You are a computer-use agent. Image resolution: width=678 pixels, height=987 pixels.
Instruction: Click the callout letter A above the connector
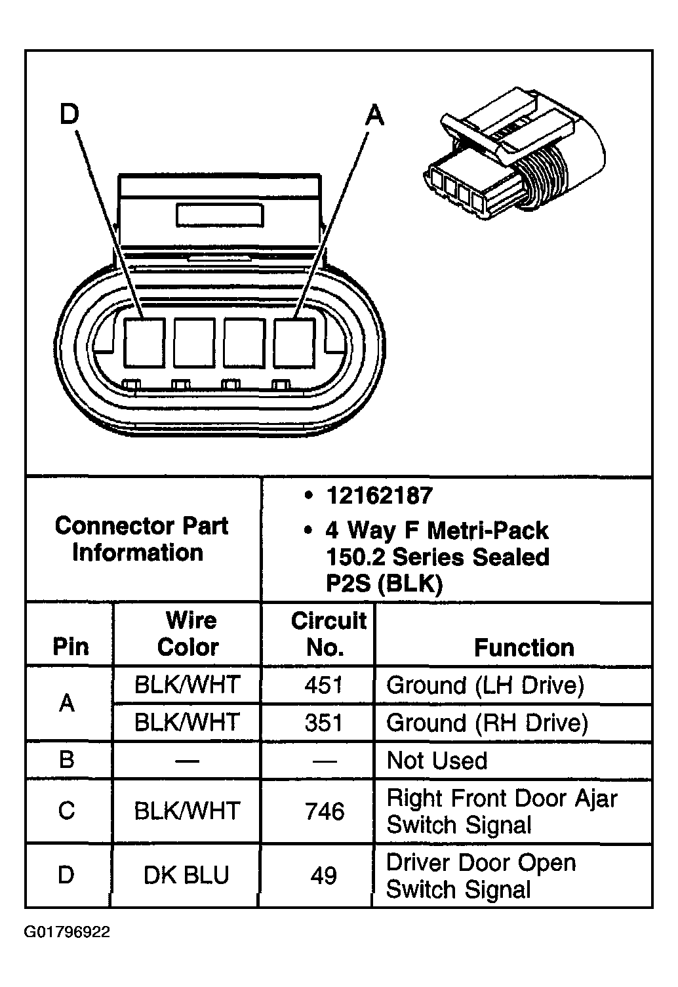[374, 116]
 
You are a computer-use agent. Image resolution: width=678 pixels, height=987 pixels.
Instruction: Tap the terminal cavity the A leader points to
[294, 343]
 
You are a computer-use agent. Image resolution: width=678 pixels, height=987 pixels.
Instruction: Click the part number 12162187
[379, 496]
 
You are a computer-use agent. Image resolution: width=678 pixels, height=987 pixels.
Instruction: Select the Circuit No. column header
[327, 634]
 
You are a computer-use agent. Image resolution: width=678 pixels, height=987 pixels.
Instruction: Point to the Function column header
[524, 647]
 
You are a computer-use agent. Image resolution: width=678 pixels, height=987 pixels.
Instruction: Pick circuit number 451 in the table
[324, 685]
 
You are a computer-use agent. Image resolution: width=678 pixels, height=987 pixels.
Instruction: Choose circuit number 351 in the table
[324, 723]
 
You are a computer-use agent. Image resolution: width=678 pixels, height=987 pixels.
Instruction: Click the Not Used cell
[437, 761]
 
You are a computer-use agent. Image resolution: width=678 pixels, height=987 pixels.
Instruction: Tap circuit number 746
[324, 811]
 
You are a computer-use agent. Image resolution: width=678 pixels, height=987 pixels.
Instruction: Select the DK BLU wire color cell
[187, 875]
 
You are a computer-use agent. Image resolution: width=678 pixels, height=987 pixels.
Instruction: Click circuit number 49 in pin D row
[324, 875]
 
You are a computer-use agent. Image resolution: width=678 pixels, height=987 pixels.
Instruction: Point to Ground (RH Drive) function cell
[487, 723]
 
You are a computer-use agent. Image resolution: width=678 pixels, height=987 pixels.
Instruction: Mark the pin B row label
[67, 760]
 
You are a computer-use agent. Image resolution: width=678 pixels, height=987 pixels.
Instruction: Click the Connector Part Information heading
[141, 539]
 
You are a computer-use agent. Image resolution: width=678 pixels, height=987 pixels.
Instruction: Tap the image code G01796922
[67, 933]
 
